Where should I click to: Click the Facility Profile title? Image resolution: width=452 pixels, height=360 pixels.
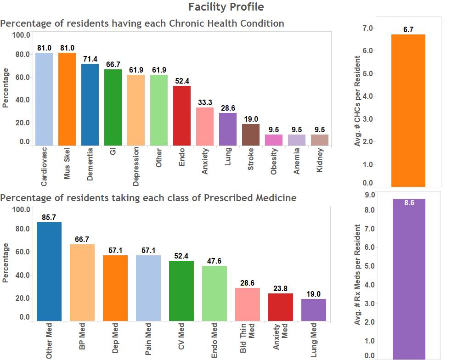[226, 7]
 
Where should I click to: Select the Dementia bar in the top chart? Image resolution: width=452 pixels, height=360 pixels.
[90, 104]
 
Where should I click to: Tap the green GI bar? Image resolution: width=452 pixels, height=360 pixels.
[113, 107]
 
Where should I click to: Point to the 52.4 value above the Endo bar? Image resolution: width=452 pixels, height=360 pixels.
[182, 81]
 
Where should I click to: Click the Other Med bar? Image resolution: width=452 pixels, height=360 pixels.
[49, 271]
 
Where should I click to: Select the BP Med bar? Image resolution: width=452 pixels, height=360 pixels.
[82, 282]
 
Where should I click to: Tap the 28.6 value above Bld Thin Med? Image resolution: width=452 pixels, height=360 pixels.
[248, 283]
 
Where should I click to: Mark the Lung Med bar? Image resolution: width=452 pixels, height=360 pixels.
[314, 310]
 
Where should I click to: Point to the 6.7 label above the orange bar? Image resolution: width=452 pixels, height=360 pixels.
[408, 30]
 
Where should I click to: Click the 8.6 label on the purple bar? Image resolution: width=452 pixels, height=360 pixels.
[409, 202]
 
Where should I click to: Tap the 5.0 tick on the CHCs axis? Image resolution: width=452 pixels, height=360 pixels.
[368, 73]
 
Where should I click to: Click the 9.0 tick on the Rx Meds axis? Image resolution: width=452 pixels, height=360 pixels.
[369, 195]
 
